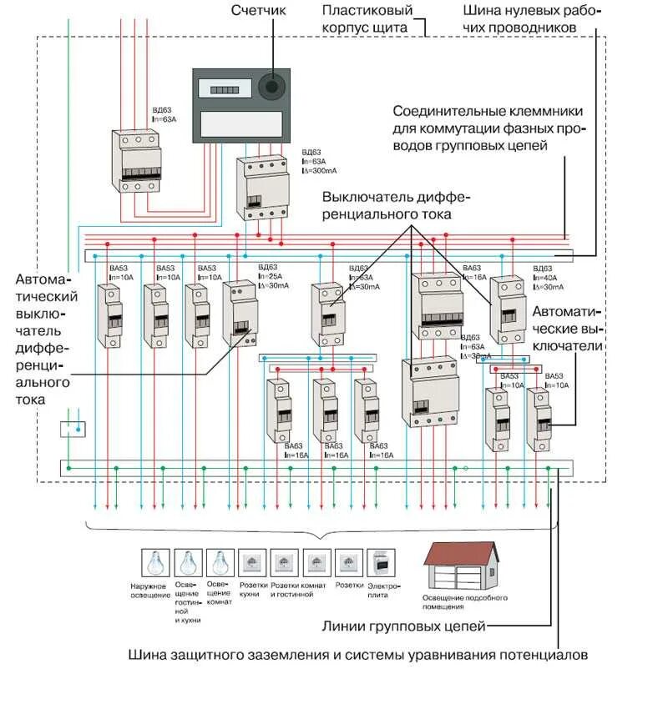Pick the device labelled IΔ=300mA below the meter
[x=262, y=189]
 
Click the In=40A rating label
[x=547, y=277]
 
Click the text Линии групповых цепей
[x=403, y=626]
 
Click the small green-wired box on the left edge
[x=73, y=429]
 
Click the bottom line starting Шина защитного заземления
[x=358, y=655]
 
